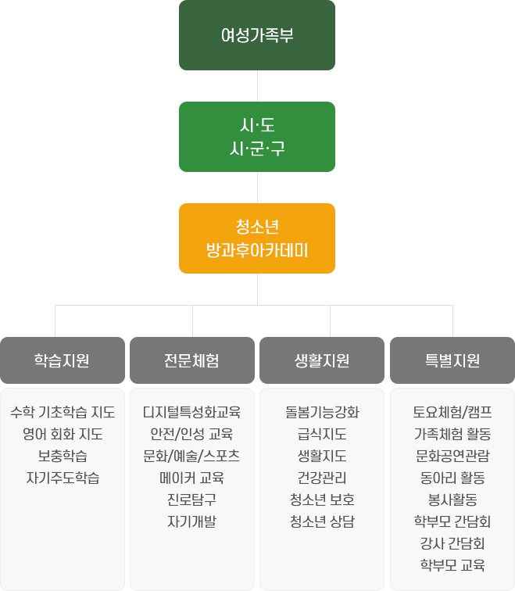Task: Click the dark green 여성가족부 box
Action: [x=257, y=35]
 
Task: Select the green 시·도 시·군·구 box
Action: [x=257, y=137]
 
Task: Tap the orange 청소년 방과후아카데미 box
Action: [x=257, y=238]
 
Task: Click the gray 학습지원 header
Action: [x=63, y=360]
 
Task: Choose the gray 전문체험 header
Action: [x=192, y=360]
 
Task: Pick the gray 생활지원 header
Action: [x=322, y=360]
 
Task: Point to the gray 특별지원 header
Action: [x=452, y=360]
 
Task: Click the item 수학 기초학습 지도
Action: [x=63, y=412]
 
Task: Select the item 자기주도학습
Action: [x=63, y=478]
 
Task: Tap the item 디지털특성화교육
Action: [x=192, y=412]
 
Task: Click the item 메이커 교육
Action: [x=192, y=478]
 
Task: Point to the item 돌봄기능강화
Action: [x=322, y=412]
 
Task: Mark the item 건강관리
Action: [x=322, y=478]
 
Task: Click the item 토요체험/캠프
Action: [x=452, y=412]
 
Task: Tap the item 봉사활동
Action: [x=452, y=500]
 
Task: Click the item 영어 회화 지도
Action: [x=63, y=434]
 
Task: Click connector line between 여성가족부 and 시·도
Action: [x=257, y=86]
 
